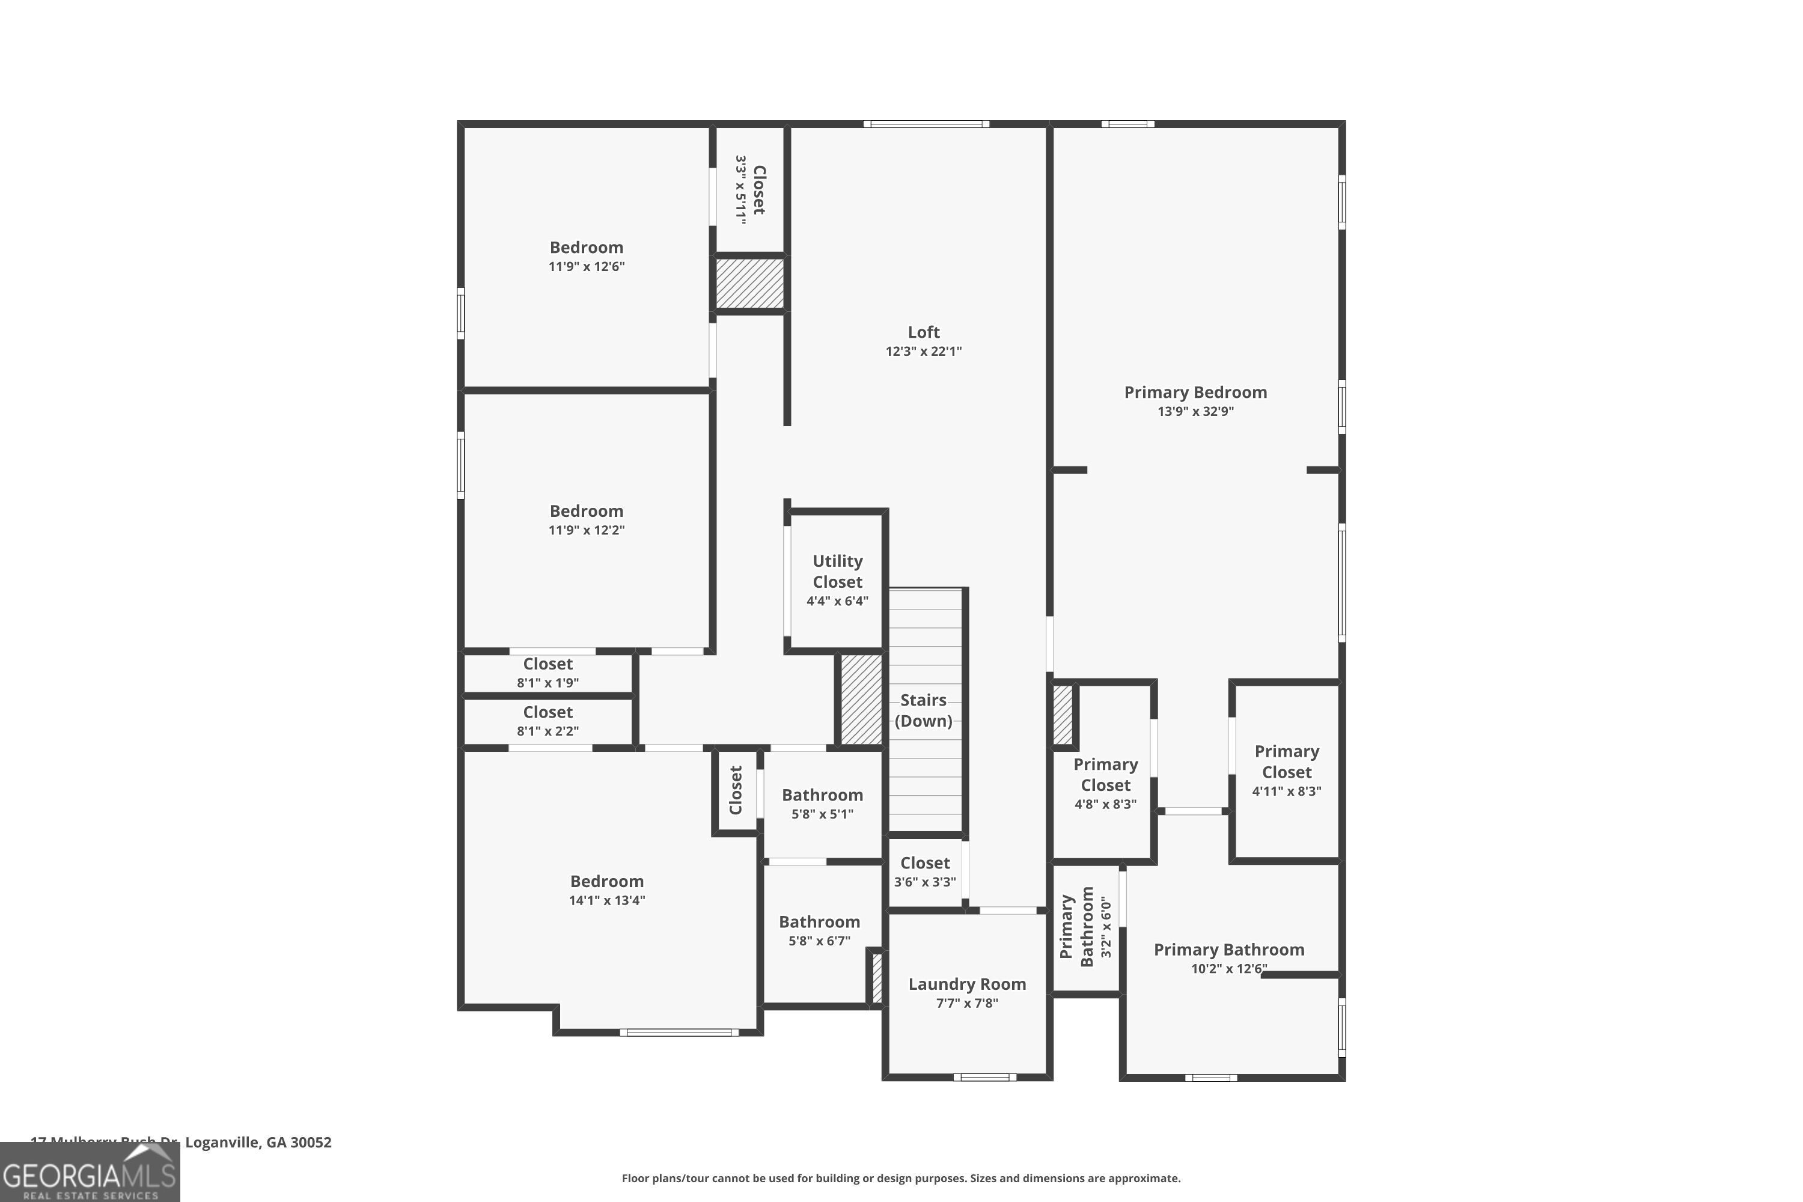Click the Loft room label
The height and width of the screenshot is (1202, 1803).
click(923, 332)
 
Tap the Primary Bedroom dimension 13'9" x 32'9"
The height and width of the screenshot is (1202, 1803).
click(1195, 412)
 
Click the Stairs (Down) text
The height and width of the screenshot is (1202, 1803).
click(923, 710)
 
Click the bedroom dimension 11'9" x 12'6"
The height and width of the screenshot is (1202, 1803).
click(587, 267)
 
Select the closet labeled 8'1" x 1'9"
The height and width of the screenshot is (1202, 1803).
click(548, 673)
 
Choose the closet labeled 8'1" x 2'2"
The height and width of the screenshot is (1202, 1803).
click(548, 721)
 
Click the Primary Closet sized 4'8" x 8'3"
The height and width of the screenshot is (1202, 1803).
click(1105, 784)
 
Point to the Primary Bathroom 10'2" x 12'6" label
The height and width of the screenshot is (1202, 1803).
click(1229, 958)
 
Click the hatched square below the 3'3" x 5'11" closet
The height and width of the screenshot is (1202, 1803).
click(749, 284)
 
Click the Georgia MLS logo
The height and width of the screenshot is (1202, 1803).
click(90, 1172)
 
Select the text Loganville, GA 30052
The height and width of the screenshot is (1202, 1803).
click(258, 1143)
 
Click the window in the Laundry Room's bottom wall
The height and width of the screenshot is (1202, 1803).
click(984, 1077)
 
